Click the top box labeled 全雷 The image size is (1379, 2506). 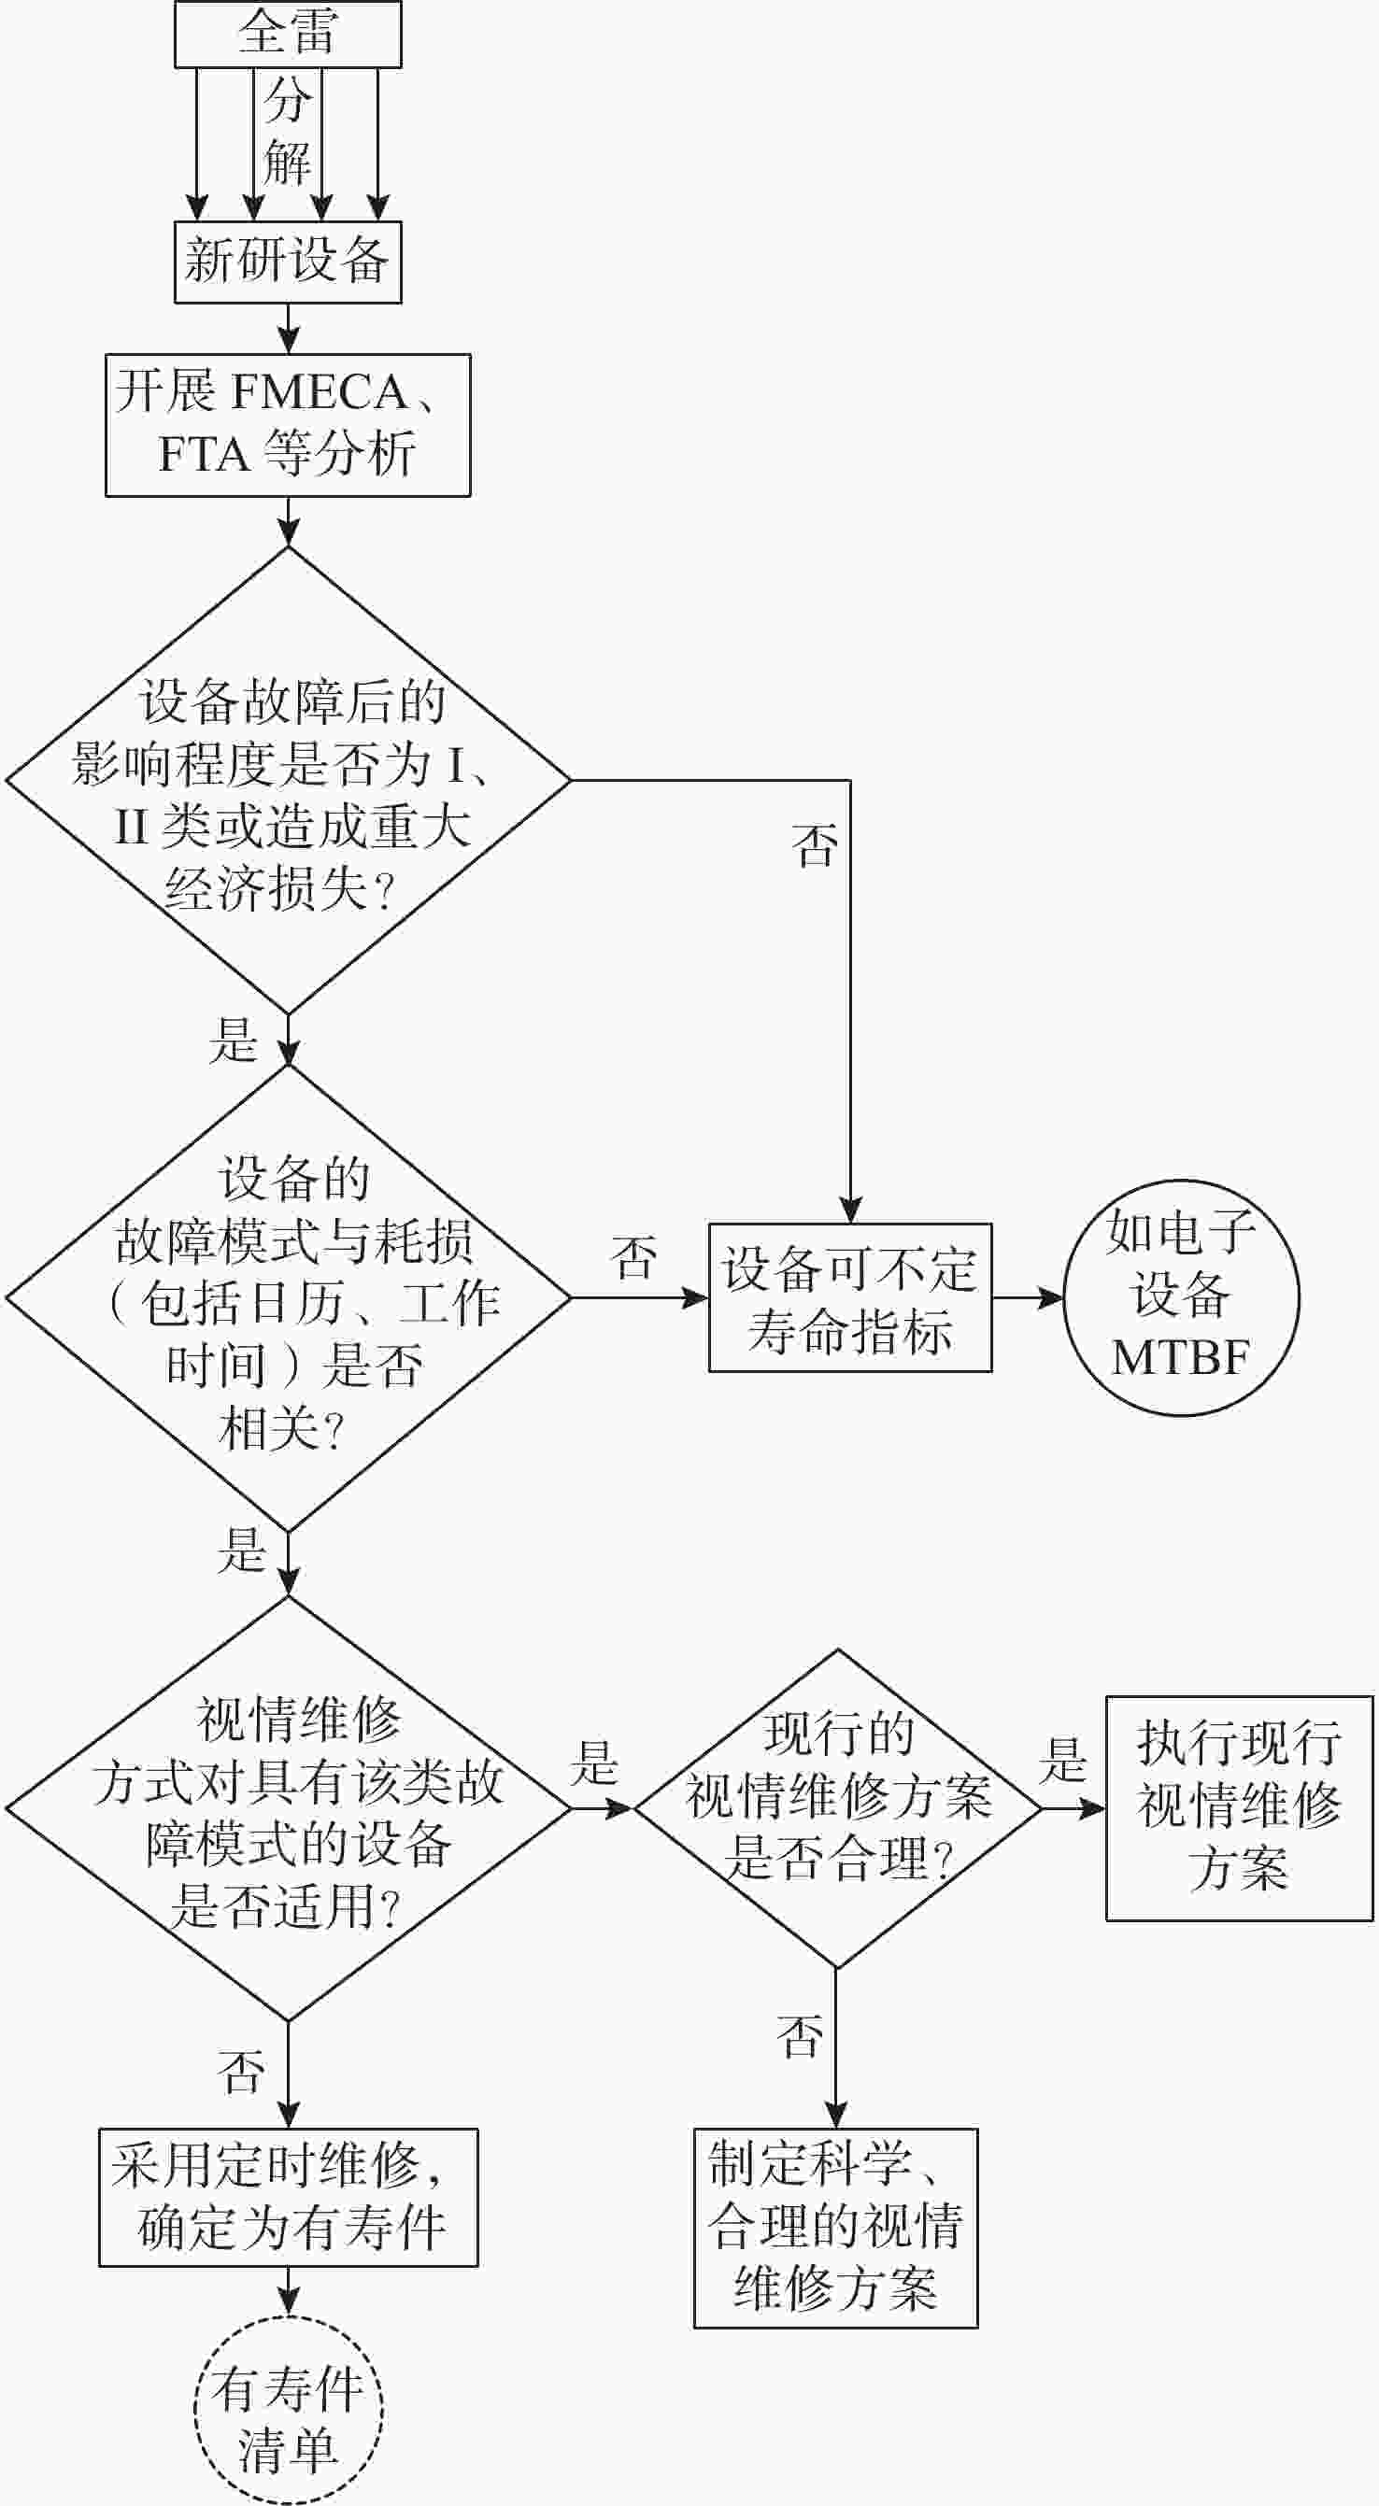click(x=287, y=34)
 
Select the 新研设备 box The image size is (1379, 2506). click(x=287, y=262)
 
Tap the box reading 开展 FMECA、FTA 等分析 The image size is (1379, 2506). click(x=287, y=425)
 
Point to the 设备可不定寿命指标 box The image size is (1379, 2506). click(x=849, y=1297)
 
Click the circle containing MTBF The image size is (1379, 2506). click(x=1181, y=1297)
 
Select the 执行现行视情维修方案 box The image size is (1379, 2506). click(x=1239, y=1807)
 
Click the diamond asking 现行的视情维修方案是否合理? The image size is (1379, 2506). click(x=837, y=1807)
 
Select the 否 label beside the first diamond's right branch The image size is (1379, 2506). click(x=815, y=845)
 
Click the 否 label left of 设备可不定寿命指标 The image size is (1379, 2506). click(x=633, y=1258)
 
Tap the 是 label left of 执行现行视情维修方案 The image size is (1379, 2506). click(x=1061, y=1761)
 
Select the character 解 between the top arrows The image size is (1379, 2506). click(x=287, y=162)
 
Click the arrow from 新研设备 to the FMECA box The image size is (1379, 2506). click(x=288, y=329)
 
